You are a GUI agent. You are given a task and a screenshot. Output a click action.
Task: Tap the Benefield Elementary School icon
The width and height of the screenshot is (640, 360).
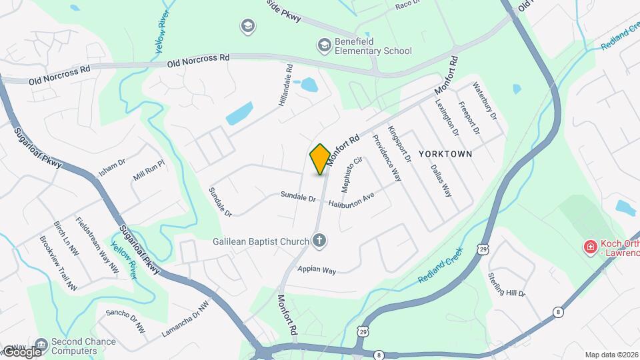325,45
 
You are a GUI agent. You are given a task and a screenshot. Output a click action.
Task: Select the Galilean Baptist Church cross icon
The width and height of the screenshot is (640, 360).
319,241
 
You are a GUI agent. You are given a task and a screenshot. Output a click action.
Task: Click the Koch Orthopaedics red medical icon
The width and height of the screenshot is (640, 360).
589,248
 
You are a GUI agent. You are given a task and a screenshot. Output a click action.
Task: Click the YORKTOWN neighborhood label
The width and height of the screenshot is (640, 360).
445,154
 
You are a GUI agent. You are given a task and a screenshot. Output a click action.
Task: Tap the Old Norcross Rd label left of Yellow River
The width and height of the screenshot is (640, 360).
59,74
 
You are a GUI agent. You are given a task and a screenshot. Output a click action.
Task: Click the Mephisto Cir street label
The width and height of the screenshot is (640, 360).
351,172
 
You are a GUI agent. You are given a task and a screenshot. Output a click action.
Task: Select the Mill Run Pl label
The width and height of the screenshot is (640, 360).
149,175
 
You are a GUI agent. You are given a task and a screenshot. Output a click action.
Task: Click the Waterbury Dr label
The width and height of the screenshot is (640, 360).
485,101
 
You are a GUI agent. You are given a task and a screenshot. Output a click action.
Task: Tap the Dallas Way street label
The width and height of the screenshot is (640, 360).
441,181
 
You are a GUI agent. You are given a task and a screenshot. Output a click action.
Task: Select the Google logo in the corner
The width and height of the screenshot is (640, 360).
22,351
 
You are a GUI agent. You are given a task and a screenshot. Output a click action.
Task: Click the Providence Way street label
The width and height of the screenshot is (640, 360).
386,158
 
